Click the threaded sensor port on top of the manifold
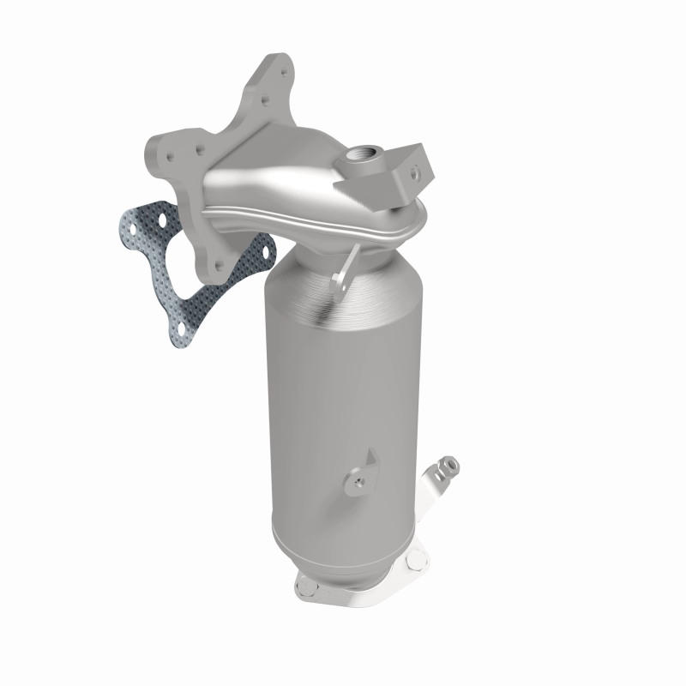coord(357,157)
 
